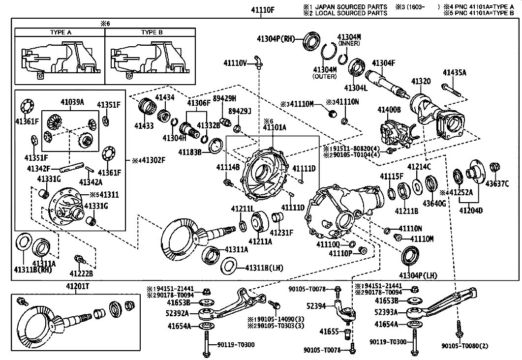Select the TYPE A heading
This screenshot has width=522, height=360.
61,32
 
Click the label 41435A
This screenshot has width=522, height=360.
454,73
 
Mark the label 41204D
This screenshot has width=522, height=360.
471,210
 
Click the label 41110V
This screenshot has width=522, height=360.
234,62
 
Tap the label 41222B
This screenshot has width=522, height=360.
81,273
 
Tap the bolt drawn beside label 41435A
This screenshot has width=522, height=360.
451,90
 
